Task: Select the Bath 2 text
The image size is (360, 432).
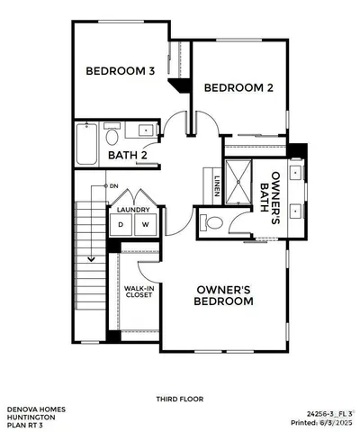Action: (128, 155)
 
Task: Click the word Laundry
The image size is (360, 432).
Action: (133, 211)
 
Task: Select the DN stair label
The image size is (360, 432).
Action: (114, 186)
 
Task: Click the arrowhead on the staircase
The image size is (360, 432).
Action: (91, 260)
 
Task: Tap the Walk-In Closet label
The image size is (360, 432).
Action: (138, 292)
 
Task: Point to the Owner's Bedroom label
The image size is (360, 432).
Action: (225, 296)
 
